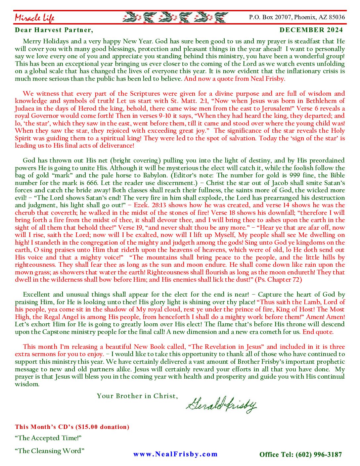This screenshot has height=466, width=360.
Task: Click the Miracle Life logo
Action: tap(34, 18)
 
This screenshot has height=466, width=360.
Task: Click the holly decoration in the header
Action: tap(175, 17)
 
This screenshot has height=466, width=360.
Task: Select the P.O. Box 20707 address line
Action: tap(297, 17)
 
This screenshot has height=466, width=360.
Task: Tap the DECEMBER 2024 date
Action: tap(311, 30)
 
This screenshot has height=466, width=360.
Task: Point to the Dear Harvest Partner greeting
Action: tap(54, 30)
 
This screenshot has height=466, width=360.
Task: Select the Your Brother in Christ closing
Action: tap(137, 396)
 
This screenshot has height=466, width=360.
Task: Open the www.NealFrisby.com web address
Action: tap(175, 454)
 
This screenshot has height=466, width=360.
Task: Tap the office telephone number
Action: tap(300, 455)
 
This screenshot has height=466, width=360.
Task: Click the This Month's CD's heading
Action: tap(72, 427)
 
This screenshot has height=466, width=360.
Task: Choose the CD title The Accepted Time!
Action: tap(48, 438)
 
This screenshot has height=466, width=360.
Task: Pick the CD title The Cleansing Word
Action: tap(50, 451)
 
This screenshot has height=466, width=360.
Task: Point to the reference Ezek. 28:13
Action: tap(150, 205)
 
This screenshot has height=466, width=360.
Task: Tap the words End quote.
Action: tap(318, 332)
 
